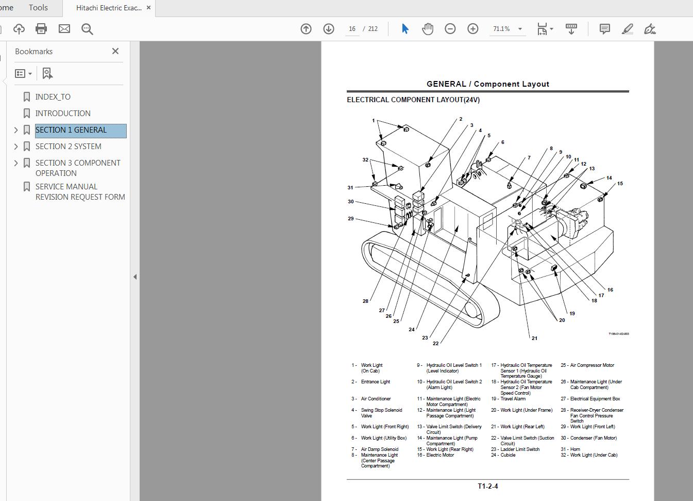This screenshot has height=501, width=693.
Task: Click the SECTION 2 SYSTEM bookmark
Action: click(68, 147)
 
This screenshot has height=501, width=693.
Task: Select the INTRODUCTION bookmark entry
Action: click(62, 114)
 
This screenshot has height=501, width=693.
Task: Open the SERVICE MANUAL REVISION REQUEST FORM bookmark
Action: click(80, 192)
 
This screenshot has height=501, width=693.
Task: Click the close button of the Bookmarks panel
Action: click(115, 51)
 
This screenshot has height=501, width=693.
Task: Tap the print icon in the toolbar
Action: click(41, 29)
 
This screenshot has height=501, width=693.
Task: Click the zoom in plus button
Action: click(472, 29)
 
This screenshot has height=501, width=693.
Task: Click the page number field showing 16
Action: click(352, 29)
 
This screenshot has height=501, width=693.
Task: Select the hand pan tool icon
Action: click(428, 29)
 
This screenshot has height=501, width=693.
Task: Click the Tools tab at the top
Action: click(38, 7)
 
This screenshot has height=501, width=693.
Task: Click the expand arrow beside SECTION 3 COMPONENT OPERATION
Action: click(16, 163)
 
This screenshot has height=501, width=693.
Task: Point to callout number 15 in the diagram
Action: click(620, 184)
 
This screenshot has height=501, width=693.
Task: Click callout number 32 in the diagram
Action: click(365, 160)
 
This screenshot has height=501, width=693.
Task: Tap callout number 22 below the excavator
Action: click(436, 343)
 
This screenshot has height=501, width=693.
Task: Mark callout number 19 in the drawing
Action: click(572, 313)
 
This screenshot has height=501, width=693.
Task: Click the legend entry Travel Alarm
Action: click(513, 399)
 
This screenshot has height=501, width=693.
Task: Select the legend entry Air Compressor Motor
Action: click(592, 365)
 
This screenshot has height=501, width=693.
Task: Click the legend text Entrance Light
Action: click(376, 382)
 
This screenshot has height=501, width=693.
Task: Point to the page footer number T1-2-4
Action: click(487, 486)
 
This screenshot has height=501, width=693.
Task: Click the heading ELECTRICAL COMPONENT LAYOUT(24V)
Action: click(413, 100)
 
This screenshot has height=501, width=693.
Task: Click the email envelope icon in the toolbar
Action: click(64, 29)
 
